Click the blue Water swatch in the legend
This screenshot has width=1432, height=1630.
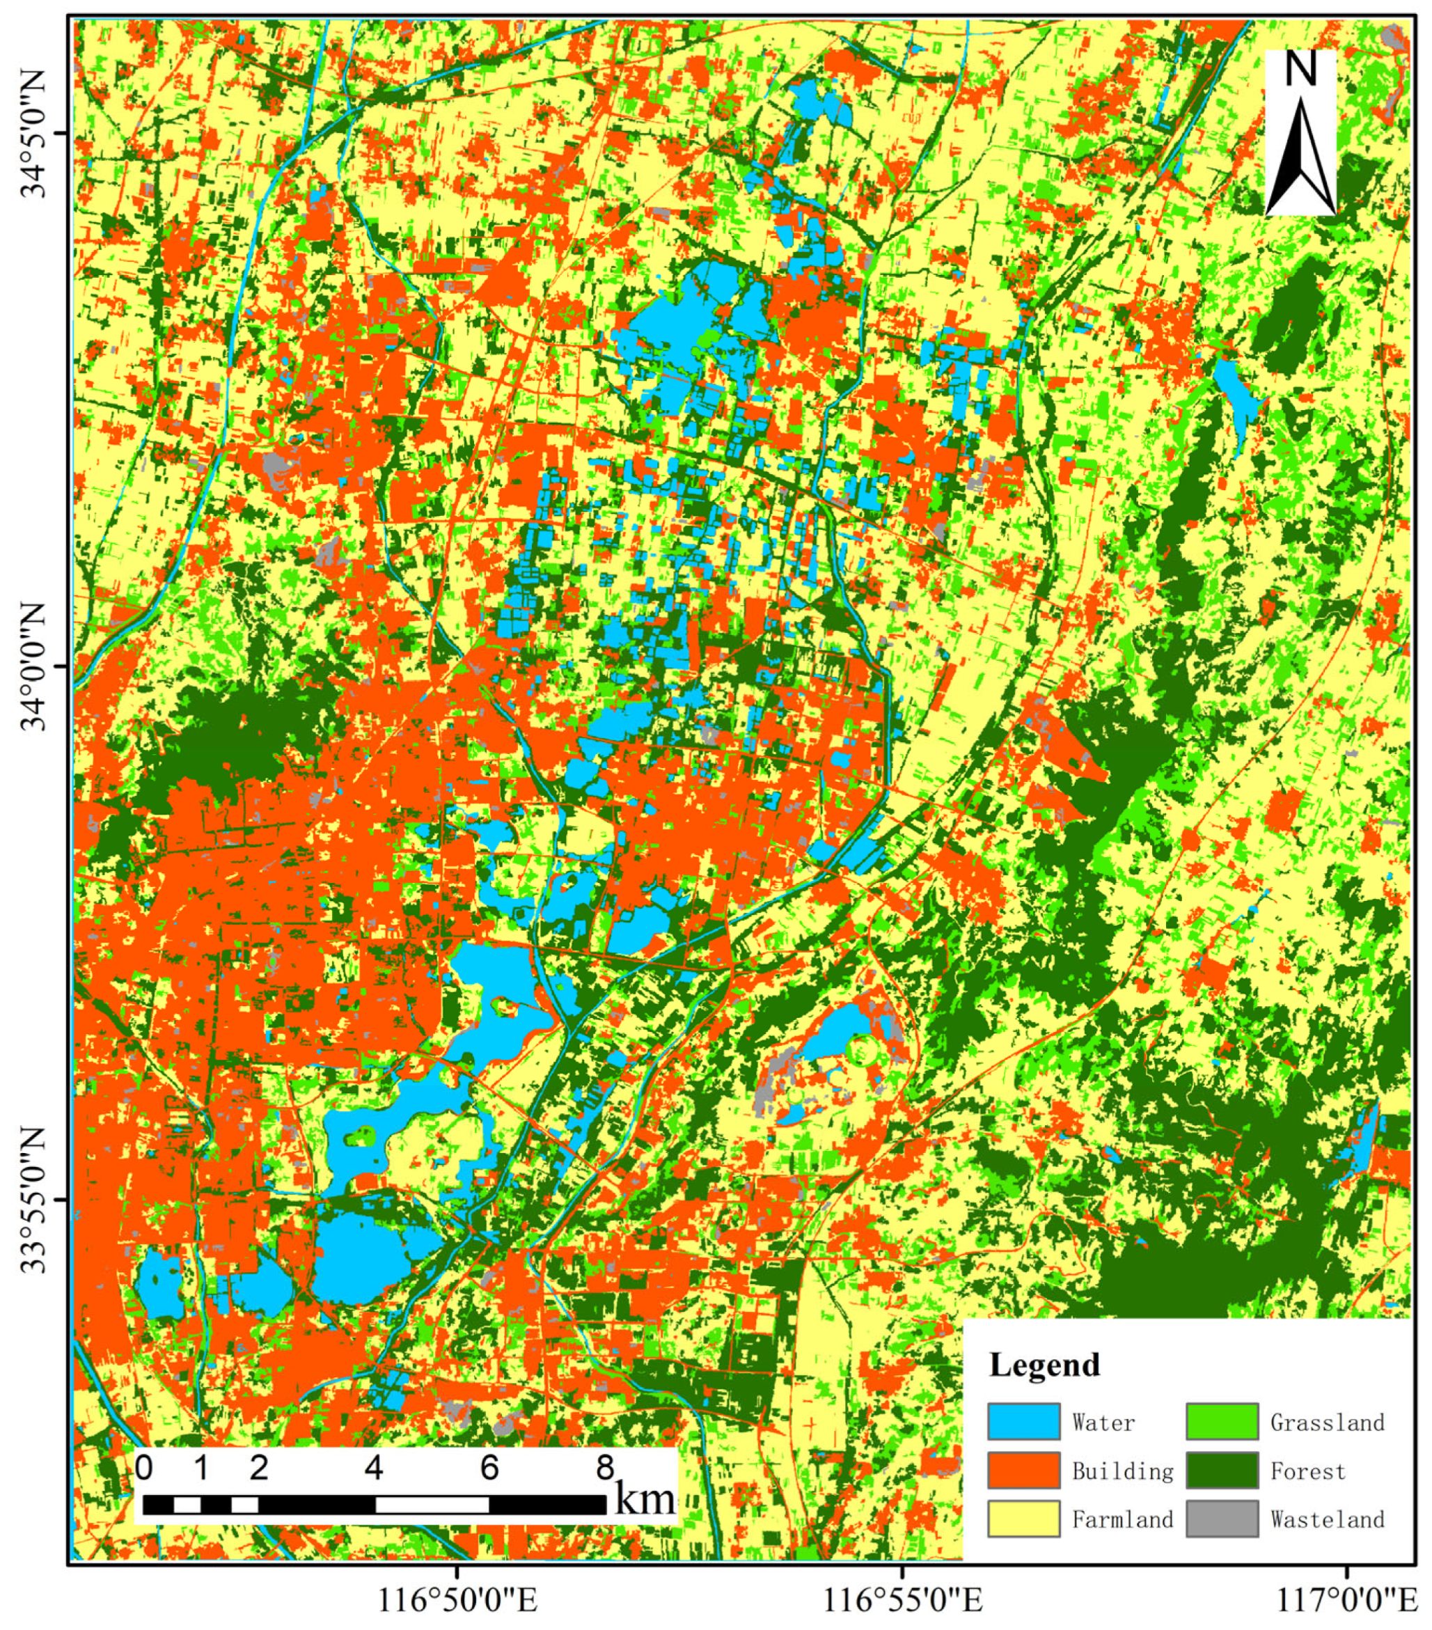point(1023,1422)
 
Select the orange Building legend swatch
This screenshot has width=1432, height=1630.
point(1023,1470)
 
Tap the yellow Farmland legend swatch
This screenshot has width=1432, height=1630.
point(1023,1519)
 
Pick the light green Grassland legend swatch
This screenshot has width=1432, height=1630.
point(1222,1422)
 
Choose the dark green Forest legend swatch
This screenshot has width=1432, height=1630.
point(1222,1470)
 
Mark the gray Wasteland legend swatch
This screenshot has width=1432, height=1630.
point(1222,1519)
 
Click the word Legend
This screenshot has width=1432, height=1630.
point(1044,1365)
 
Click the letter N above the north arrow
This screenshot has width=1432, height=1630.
point(1300,70)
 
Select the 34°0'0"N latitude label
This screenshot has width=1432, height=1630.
point(36,666)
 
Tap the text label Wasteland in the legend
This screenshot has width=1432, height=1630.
point(1327,1519)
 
